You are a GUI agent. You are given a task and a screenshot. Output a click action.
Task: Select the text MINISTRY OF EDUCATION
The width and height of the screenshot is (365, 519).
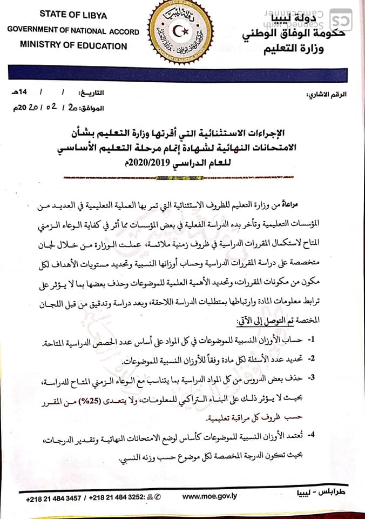[73, 45]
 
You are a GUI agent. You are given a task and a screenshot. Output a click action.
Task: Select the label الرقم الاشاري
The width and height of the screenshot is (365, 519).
[326, 94]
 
